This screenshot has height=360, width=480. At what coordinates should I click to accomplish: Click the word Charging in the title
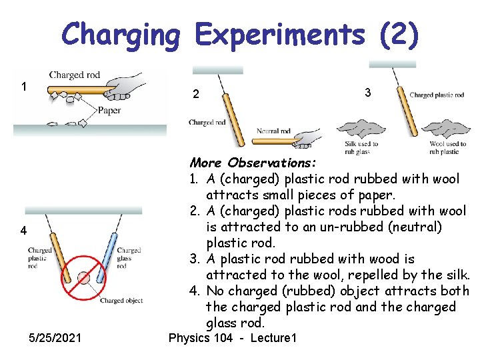pyautogui.click(x=121, y=35)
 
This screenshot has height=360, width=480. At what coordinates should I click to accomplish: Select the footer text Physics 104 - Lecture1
pyautogui.click(x=232, y=338)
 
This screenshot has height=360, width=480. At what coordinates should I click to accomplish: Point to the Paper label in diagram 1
pyautogui.click(x=109, y=110)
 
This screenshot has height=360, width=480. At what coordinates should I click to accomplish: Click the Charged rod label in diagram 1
pyautogui.click(x=75, y=75)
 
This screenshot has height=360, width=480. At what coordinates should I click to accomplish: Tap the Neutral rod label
pyautogui.click(x=274, y=131)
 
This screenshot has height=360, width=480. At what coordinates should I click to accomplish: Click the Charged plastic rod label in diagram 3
pyautogui.click(x=437, y=95)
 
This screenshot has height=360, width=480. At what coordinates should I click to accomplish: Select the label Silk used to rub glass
pyautogui.click(x=361, y=147)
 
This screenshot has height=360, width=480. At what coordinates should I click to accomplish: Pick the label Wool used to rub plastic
pyautogui.click(x=447, y=147)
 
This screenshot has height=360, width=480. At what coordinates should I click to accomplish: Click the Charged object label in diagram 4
pyautogui.click(x=121, y=301)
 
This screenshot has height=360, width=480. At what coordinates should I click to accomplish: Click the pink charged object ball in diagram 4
pyautogui.click(x=83, y=277)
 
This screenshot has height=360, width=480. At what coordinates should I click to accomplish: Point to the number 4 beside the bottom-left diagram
pyautogui.click(x=23, y=231)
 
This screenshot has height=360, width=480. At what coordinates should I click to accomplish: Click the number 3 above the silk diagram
pyautogui.click(x=367, y=93)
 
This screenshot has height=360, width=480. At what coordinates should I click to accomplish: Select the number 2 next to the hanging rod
pyautogui.click(x=195, y=95)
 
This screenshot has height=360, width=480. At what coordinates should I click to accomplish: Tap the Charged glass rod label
pyautogui.click(x=128, y=258)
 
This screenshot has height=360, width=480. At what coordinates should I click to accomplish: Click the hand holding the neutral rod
pyautogui.click(x=311, y=137)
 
